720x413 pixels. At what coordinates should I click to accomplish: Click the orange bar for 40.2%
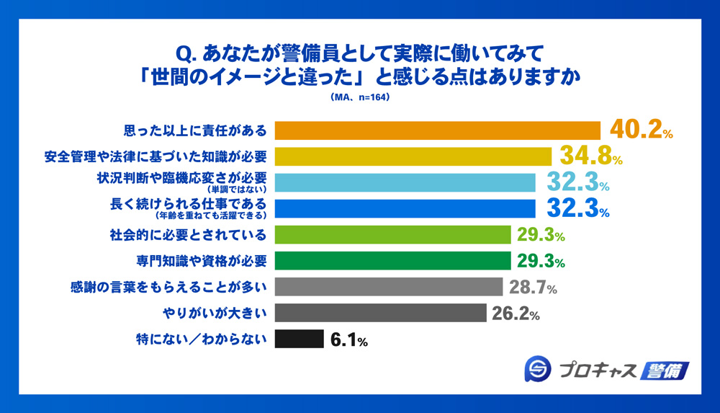[438, 130]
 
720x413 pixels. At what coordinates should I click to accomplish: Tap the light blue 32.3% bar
[405, 182]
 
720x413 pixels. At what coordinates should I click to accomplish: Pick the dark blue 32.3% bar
[405, 208]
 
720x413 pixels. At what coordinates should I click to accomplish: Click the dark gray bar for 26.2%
[382, 313]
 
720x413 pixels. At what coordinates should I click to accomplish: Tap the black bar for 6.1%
[300, 339]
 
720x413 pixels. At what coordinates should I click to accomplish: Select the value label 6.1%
[349, 339]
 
